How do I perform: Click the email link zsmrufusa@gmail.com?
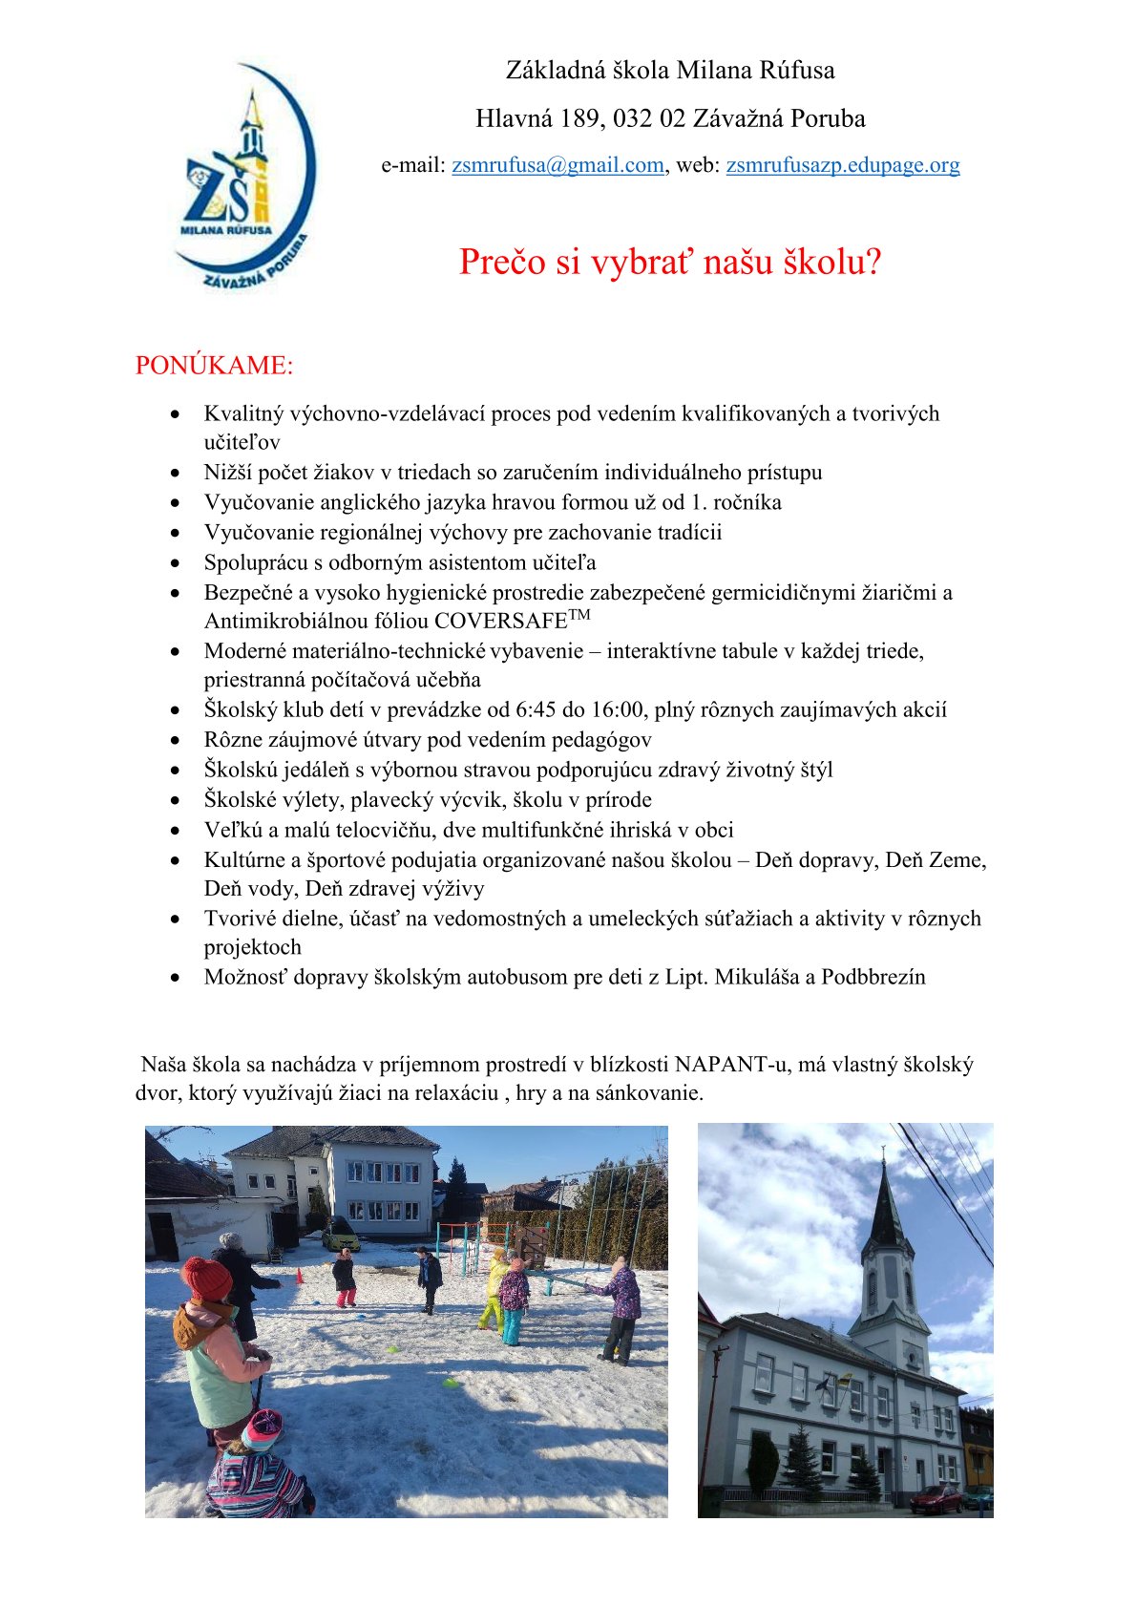pyautogui.click(x=557, y=165)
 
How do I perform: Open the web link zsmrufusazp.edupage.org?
pyautogui.click(x=843, y=165)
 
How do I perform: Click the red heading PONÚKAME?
pyautogui.click(x=214, y=366)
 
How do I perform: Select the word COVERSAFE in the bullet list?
pyautogui.click(x=501, y=622)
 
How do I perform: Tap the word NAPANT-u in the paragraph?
pyautogui.click(x=732, y=1065)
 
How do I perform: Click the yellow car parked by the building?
pyautogui.click(x=341, y=1238)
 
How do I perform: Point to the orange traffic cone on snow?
pyautogui.click(x=299, y=1275)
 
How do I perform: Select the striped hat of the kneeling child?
pyautogui.click(x=261, y=1429)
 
